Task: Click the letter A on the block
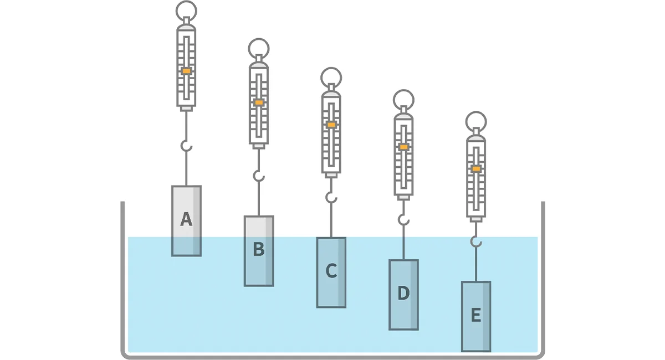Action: pyautogui.click(x=186, y=220)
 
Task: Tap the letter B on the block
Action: pyautogui.click(x=258, y=250)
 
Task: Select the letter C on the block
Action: pyautogui.click(x=331, y=271)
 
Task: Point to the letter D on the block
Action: pyautogui.click(x=403, y=294)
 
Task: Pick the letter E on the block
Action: pyautogui.click(x=475, y=316)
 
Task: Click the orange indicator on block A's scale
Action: pyautogui.click(x=186, y=71)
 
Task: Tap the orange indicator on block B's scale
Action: pyautogui.click(x=259, y=102)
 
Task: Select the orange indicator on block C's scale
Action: pyautogui.click(x=331, y=125)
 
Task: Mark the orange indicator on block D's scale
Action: pyautogui.click(x=403, y=147)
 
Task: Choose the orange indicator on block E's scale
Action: pyautogui.click(x=476, y=168)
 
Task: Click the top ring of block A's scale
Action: pyautogui.click(x=186, y=11)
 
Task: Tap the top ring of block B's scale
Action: pyautogui.click(x=259, y=48)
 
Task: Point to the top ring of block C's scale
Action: pyautogui.click(x=331, y=77)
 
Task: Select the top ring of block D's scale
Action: pyautogui.click(x=403, y=100)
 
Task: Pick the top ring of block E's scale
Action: pyautogui.click(x=476, y=121)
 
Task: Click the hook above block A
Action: pyautogui.click(x=186, y=146)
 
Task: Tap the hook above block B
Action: pyautogui.click(x=259, y=176)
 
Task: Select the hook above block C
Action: pyautogui.click(x=331, y=197)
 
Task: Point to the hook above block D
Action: pyautogui.click(x=404, y=220)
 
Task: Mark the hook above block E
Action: pyautogui.click(x=476, y=241)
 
